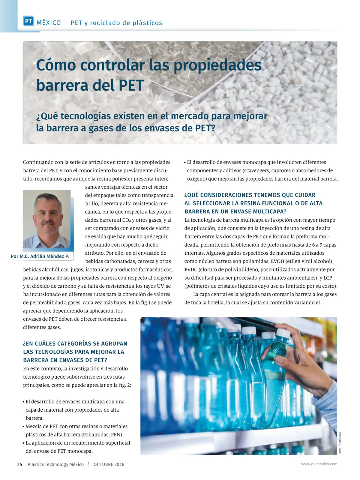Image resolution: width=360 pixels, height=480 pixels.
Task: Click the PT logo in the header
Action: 28,21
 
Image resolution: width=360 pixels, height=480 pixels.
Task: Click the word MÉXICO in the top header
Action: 49,23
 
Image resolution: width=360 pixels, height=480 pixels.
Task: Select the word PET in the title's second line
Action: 131,85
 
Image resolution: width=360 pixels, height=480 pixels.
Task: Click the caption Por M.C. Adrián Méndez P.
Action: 40,256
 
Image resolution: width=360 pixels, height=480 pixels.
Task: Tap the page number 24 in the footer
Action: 20,464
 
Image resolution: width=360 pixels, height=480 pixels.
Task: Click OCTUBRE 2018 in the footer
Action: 109,464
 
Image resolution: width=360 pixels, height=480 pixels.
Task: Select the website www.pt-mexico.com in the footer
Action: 319,464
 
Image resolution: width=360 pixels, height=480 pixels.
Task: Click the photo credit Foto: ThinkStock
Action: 340,443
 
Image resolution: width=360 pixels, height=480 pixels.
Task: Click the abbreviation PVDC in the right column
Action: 191,269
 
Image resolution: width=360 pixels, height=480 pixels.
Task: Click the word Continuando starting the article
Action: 38,162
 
